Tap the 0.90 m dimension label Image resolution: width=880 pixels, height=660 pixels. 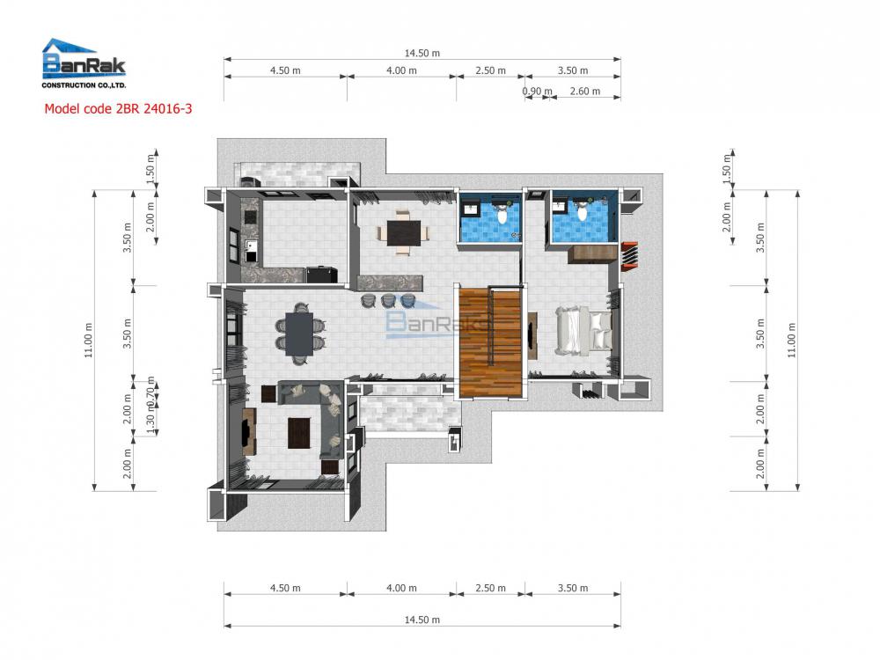pos(536,92)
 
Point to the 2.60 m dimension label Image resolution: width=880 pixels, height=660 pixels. pos(584,92)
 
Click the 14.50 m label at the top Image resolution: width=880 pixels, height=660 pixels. pos(422,53)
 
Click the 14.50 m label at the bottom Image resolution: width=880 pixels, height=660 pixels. pos(422,620)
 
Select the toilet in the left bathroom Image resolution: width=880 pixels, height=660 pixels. pos(501,214)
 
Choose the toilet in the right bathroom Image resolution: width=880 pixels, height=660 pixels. pos(582,212)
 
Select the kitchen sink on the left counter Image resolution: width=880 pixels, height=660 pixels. pos(253,249)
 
